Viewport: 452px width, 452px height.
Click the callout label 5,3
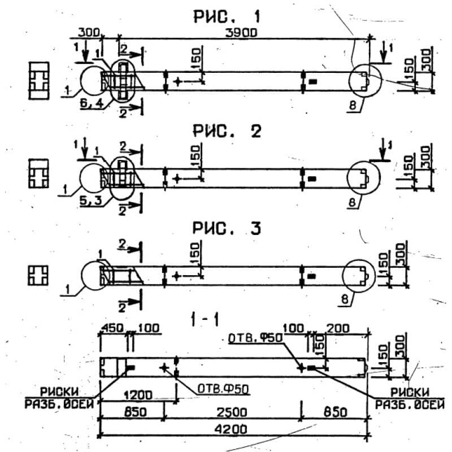[89, 199]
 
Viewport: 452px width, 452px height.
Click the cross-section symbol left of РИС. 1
[39, 80]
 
